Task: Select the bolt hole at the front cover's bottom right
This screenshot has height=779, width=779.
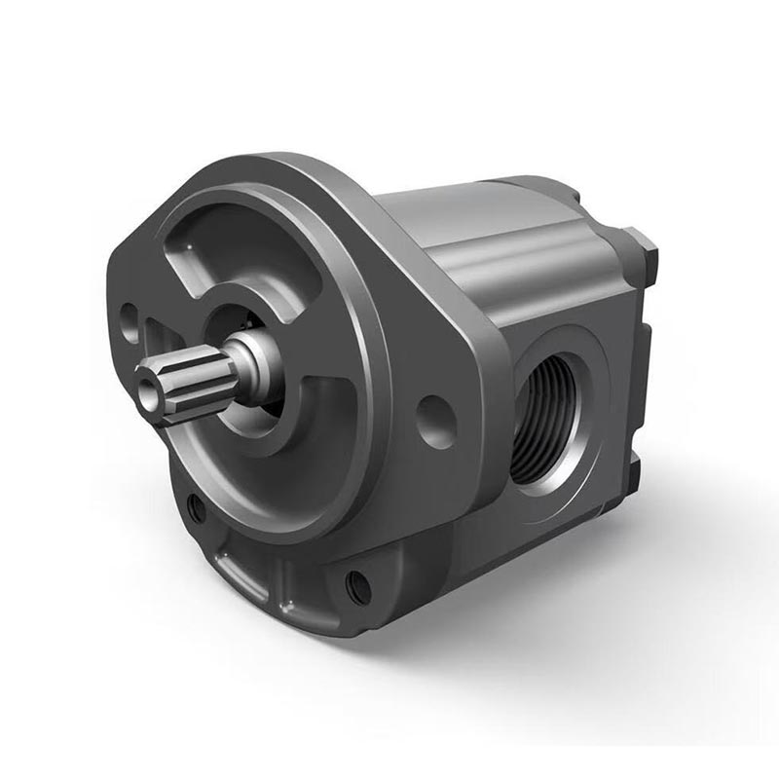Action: coord(358,586)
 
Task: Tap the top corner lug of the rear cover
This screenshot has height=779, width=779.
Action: coord(643,248)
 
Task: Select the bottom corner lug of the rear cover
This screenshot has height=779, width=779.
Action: coord(638,472)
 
